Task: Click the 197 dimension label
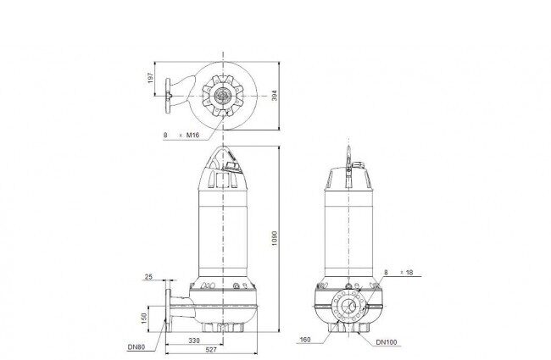[x=150, y=78]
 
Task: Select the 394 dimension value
[x=275, y=96]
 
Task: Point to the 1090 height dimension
[x=275, y=238]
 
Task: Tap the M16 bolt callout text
[x=192, y=135]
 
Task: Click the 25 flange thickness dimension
[x=148, y=277]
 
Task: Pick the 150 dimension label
[x=144, y=318]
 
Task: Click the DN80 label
[x=136, y=347]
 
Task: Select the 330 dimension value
[x=194, y=341]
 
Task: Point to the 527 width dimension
[x=211, y=350]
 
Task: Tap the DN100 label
[x=387, y=342]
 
